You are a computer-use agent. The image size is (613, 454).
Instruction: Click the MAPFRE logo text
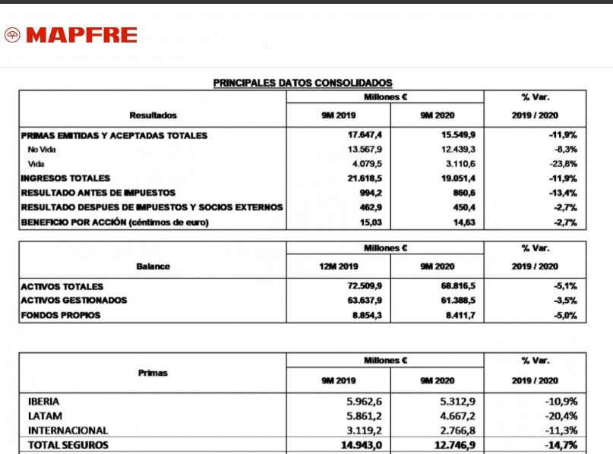tap(81, 35)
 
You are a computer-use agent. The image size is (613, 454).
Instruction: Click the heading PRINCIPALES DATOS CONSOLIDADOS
tap(302, 82)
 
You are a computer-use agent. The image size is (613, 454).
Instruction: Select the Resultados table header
tap(153, 115)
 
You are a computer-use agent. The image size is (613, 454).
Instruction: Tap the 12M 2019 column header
tap(338, 266)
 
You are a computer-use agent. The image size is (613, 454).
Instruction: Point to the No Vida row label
tap(43, 150)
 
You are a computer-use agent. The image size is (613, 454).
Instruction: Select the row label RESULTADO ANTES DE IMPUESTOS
tap(98, 193)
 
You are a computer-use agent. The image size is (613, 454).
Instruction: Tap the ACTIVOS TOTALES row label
tap(62, 287)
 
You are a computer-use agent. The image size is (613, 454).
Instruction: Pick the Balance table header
tap(153, 266)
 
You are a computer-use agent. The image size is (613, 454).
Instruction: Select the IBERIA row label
tap(43, 401)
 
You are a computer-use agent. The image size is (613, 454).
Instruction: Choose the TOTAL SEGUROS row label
tap(68, 446)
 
